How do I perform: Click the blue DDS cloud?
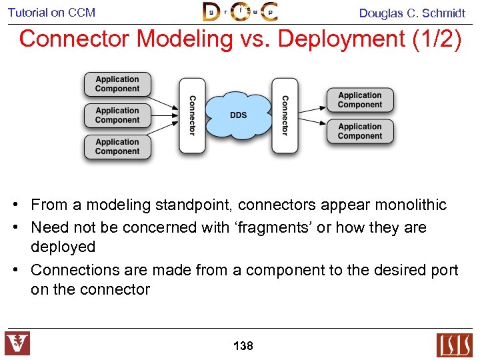(x=238, y=115)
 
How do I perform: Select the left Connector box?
(x=192, y=115)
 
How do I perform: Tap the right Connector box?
(x=285, y=115)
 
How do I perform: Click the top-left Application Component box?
(x=117, y=84)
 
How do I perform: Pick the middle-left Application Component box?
(x=117, y=115)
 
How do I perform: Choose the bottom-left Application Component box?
(x=117, y=147)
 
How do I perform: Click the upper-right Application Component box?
(x=360, y=100)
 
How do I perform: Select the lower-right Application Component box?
(x=360, y=131)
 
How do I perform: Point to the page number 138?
(x=243, y=346)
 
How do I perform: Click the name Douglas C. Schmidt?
(x=412, y=13)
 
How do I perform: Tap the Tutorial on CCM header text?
(x=51, y=13)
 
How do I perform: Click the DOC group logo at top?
(x=240, y=12)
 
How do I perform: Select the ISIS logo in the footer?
(x=454, y=345)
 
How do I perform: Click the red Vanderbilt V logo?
(x=17, y=343)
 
